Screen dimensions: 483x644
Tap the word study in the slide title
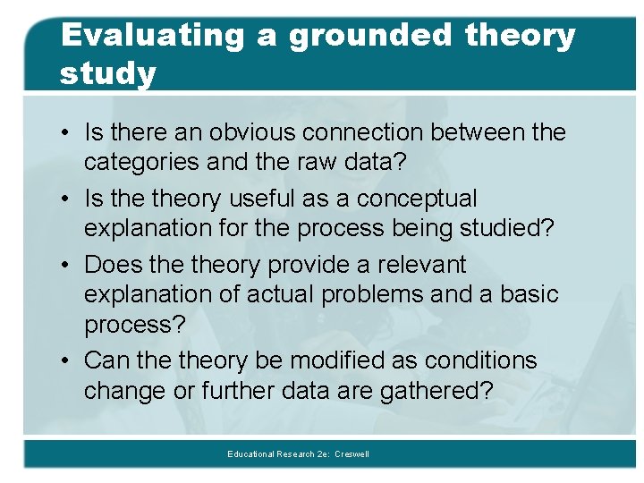(x=107, y=73)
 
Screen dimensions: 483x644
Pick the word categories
(x=142, y=162)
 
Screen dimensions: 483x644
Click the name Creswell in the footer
(x=352, y=454)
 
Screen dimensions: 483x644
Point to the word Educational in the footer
(x=251, y=454)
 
